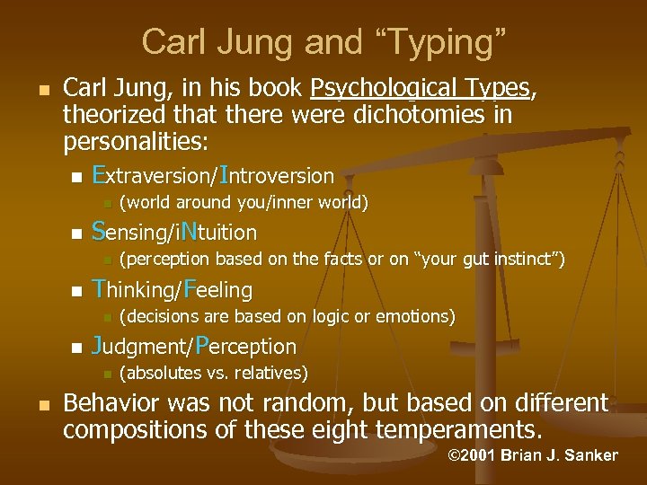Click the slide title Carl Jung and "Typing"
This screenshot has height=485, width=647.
[x=323, y=40]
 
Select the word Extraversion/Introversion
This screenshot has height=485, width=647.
[x=213, y=174]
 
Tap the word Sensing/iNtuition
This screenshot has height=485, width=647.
[x=174, y=232]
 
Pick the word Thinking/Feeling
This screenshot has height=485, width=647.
[x=173, y=289]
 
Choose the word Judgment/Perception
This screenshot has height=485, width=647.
[x=194, y=346]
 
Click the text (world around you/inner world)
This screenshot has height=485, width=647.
[x=244, y=203]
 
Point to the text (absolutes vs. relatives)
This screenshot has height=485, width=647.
[x=214, y=373]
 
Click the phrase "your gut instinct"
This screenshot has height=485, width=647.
[x=489, y=260]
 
